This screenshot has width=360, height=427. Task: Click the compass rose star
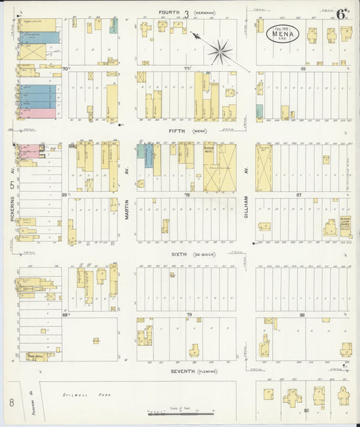220,49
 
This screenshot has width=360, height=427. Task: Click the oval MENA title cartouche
280,32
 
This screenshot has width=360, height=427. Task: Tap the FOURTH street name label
169,12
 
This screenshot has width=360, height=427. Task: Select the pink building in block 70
37,114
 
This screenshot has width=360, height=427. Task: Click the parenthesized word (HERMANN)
204,13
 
